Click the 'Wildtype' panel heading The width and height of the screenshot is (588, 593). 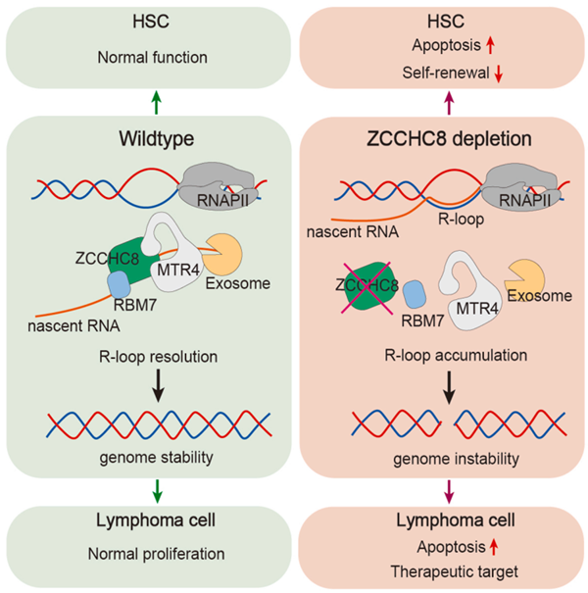pyautogui.click(x=146, y=140)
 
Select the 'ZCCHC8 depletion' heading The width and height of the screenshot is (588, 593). pyautogui.click(x=441, y=140)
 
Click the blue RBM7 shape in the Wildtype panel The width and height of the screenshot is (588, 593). pyautogui.click(x=119, y=286)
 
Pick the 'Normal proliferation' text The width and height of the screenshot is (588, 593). pyautogui.click(x=147, y=554)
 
